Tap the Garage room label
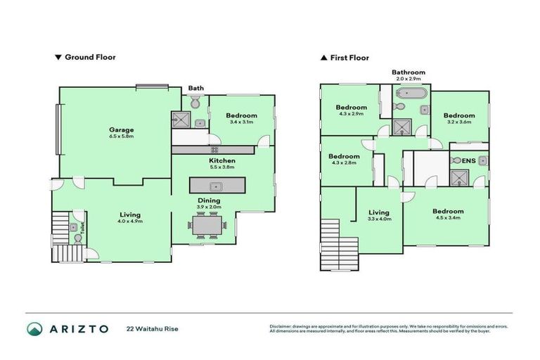121,129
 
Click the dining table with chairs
208,226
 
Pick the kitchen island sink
217,187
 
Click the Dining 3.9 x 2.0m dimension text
209,207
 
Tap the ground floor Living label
129,214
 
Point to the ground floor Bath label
196,88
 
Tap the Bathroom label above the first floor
409,72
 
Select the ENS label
468,160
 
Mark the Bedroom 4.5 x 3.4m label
448,211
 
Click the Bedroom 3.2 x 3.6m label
458,115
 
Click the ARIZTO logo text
77,328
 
